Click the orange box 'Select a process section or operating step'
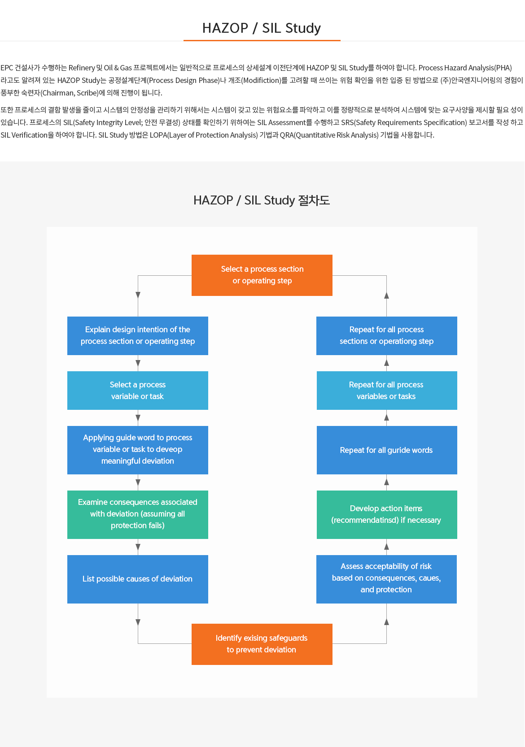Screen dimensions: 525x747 (x=262, y=275)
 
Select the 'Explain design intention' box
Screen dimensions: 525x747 (x=137, y=335)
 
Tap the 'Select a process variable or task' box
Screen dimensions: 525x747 (x=137, y=390)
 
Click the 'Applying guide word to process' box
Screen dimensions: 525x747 (x=137, y=450)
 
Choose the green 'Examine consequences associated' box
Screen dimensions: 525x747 (x=137, y=515)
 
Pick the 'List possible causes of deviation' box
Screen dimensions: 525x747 (x=137, y=579)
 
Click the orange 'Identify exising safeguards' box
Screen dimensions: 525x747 (x=262, y=644)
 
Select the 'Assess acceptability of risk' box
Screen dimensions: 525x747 (x=386, y=579)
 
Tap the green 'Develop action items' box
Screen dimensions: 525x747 (x=387, y=515)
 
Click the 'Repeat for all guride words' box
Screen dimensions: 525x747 (x=387, y=450)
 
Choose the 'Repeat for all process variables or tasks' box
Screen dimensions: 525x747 (x=387, y=390)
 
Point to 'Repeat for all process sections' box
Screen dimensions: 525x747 (x=386, y=335)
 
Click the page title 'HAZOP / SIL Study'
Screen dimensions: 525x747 (x=262, y=28)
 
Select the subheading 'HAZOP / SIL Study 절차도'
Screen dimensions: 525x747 (x=262, y=200)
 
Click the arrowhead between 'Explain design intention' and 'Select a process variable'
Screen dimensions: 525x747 (x=138, y=363)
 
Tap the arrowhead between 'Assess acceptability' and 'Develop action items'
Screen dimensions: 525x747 (x=386, y=546)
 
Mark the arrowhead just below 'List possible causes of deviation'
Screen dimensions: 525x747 (x=138, y=622)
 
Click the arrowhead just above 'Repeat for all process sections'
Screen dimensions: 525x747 (x=386, y=295)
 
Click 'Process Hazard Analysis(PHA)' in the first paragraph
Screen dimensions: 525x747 (x=465, y=68)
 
